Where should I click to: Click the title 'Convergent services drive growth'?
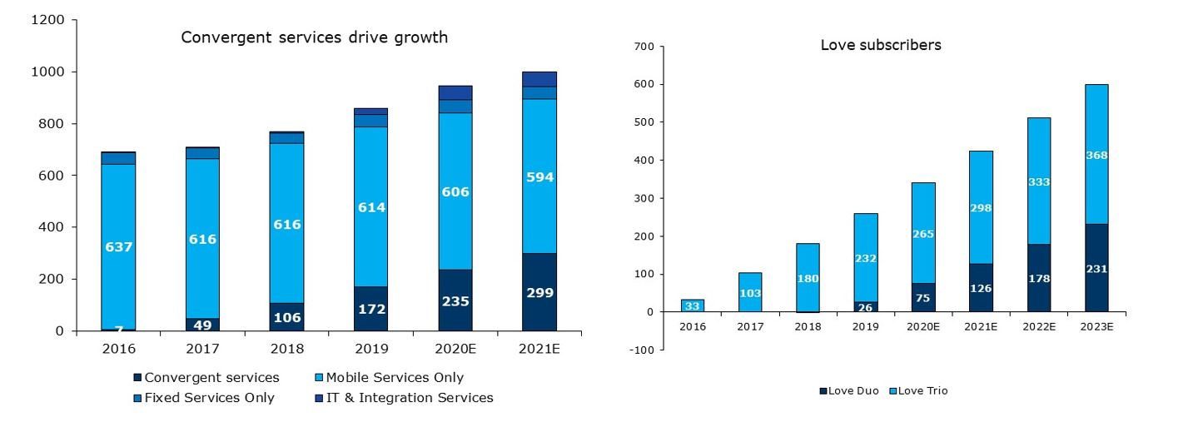(x=314, y=37)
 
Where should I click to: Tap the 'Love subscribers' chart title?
(x=881, y=45)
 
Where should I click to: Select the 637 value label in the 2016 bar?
(x=118, y=247)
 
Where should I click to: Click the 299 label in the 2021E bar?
(x=539, y=293)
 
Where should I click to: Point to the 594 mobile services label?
(x=539, y=177)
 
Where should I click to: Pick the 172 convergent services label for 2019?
(x=371, y=309)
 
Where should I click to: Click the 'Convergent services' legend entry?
(x=206, y=378)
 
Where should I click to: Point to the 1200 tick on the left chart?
(x=47, y=20)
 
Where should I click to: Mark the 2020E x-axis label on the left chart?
(x=455, y=348)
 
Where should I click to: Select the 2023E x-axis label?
(x=1096, y=327)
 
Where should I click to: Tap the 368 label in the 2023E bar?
(x=1096, y=155)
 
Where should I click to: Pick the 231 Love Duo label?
(x=1096, y=269)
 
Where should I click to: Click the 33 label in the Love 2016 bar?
(x=693, y=306)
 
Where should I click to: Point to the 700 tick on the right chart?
(x=646, y=47)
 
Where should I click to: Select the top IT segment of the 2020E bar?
(x=455, y=92)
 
